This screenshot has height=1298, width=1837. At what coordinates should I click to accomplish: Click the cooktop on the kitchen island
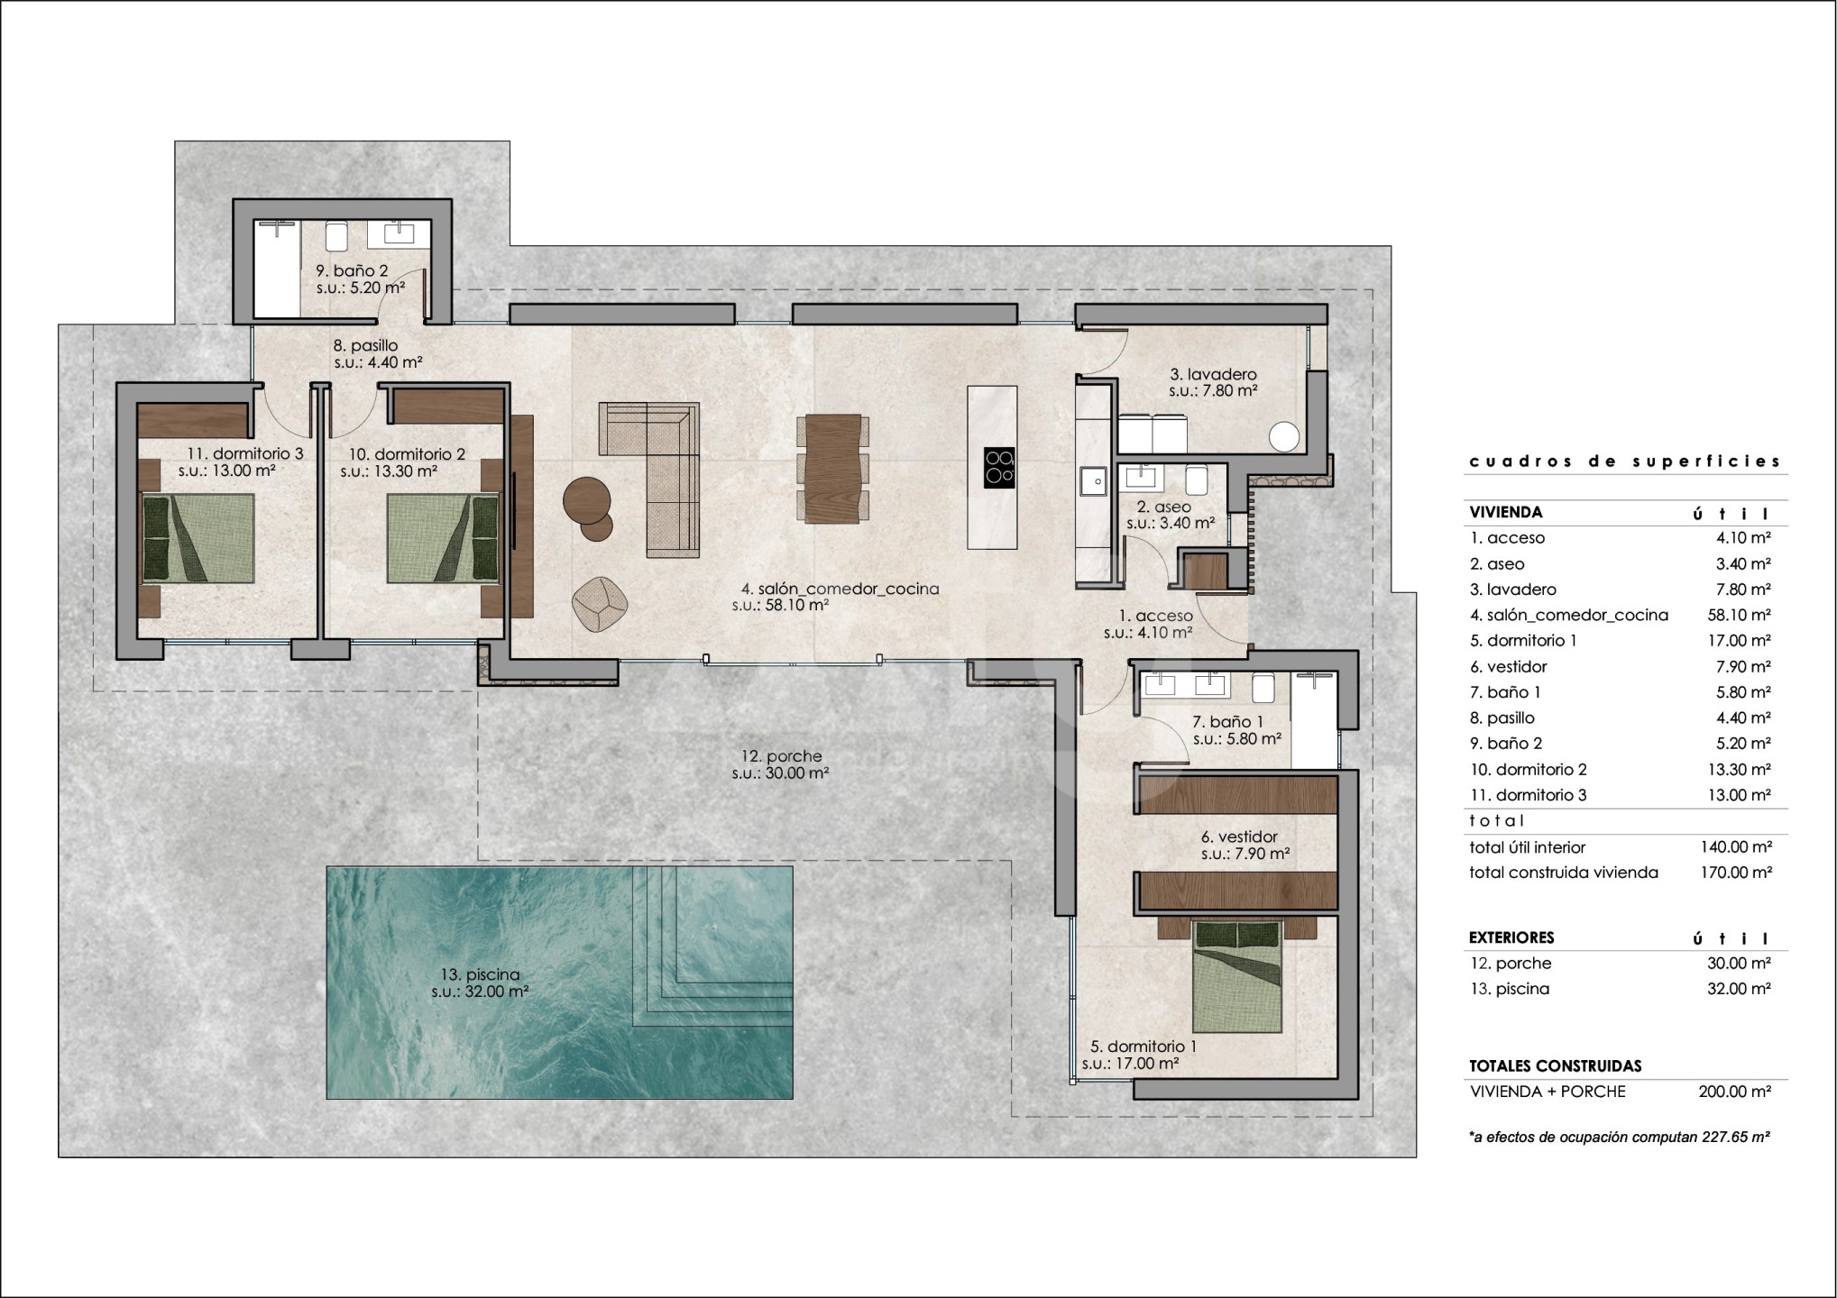point(999,468)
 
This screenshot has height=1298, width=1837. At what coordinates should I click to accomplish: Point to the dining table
point(831,469)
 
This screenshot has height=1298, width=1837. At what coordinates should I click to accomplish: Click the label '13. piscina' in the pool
point(480,974)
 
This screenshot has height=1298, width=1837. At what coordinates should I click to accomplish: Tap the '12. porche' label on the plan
point(781,757)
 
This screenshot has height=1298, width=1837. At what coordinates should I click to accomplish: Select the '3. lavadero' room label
point(1213,374)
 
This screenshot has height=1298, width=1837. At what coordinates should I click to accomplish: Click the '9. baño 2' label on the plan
point(352,270)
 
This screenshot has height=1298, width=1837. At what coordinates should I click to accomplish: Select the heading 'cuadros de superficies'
point(1626,462)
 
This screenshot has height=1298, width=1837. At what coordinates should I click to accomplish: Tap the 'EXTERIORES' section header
point(1511,937)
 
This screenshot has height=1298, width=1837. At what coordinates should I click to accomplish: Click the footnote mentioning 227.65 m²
point(1620,1138)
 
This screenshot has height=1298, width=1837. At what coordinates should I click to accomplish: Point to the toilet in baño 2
point(337,236)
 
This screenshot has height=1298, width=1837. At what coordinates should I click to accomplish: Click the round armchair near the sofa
point(600,604)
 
